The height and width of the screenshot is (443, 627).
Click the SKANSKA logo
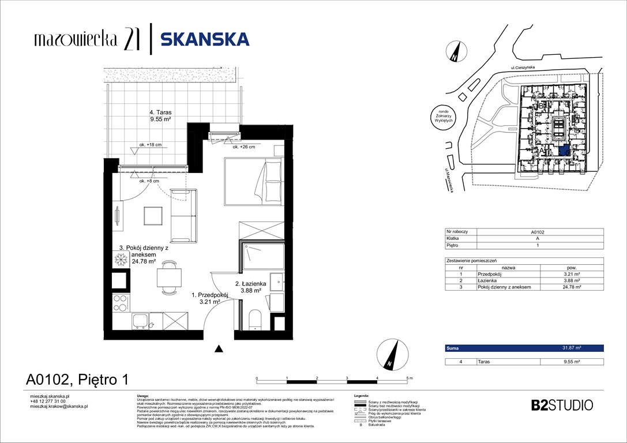[204, 39]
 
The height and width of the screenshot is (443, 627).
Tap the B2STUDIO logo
[561, 405]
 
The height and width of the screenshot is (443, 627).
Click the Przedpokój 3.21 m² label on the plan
[210, 298]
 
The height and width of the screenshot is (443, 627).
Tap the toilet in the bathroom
[254, 320]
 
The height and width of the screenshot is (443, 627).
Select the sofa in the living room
[184, 216]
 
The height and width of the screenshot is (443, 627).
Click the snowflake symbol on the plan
[121, 261]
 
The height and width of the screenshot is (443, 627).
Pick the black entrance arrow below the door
[219, 348]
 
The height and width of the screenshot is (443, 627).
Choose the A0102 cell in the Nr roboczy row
[538, 231]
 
